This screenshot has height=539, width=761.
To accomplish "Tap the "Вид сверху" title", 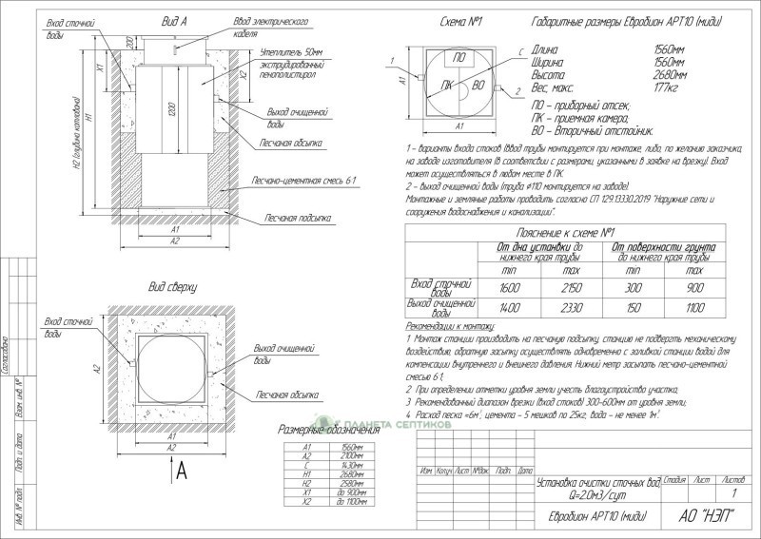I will pyautogui.click(x=171, y=285).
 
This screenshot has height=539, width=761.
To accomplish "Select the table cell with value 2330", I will pyautogui.click(x=565, y=307).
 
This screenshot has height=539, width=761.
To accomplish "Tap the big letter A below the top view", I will pyautogui.click(x=181, y=469).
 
